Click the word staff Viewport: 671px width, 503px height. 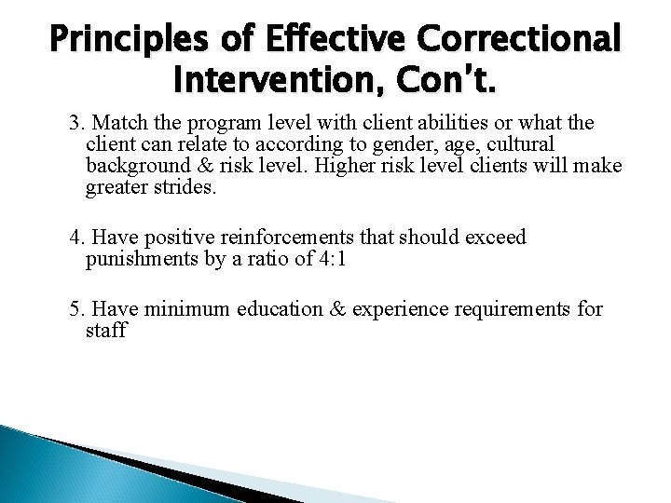[105, 331]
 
